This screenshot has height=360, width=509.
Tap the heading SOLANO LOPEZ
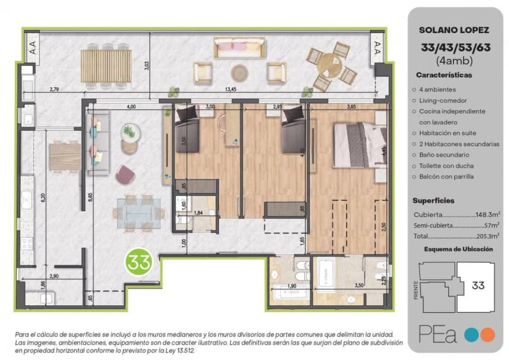click(x=454, y=29)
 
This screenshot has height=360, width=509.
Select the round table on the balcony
click(x=331, y=63)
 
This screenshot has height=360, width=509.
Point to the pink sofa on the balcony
click(x=239, y=47)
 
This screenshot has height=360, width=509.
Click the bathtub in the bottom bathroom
click(x=288, y=294)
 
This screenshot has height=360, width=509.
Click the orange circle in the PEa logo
click(x=487, y=335)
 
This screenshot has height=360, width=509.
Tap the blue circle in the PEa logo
click(x=470, y=335)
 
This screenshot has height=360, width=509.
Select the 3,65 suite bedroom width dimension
click(x=351, y=107)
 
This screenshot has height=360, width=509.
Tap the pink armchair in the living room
click(x=125, y=175)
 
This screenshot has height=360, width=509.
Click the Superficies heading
click(x=433, y=200)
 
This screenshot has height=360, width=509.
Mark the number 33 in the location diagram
click(x=478, y=286)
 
